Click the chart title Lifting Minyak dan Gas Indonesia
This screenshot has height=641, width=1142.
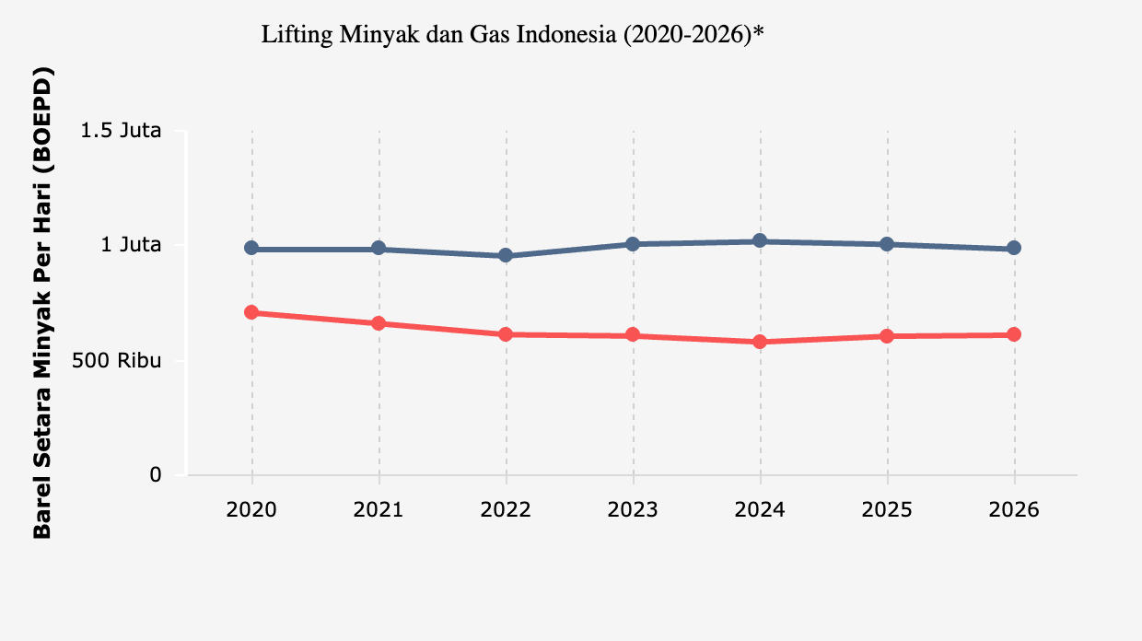[514, 36]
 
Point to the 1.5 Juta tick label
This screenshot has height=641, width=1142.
[122, 131]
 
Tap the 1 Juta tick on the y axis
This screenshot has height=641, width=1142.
[131, 245]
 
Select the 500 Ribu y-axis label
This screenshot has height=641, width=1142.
[117, 361]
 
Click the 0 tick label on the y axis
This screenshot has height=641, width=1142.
[155, 475]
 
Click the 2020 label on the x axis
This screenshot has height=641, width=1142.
[251, 510]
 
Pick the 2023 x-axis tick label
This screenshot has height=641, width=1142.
[633, 510]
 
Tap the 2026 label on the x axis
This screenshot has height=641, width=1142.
[1014, 510]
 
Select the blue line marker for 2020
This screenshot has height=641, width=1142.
[251, 249]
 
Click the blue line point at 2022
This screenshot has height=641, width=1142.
[506, 255]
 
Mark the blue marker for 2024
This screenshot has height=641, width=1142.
[760, 240]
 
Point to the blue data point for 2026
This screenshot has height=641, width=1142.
[1014, 248]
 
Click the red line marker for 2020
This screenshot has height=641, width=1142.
[251, 312]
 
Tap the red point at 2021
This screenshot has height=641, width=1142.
[379, 323]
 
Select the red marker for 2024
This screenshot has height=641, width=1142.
[760, 342]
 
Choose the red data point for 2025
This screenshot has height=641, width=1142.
[887, 336]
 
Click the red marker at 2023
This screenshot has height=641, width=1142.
[633, 335]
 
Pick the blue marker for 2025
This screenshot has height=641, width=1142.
[887, 244]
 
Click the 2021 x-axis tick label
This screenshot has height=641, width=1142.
[379, 510]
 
